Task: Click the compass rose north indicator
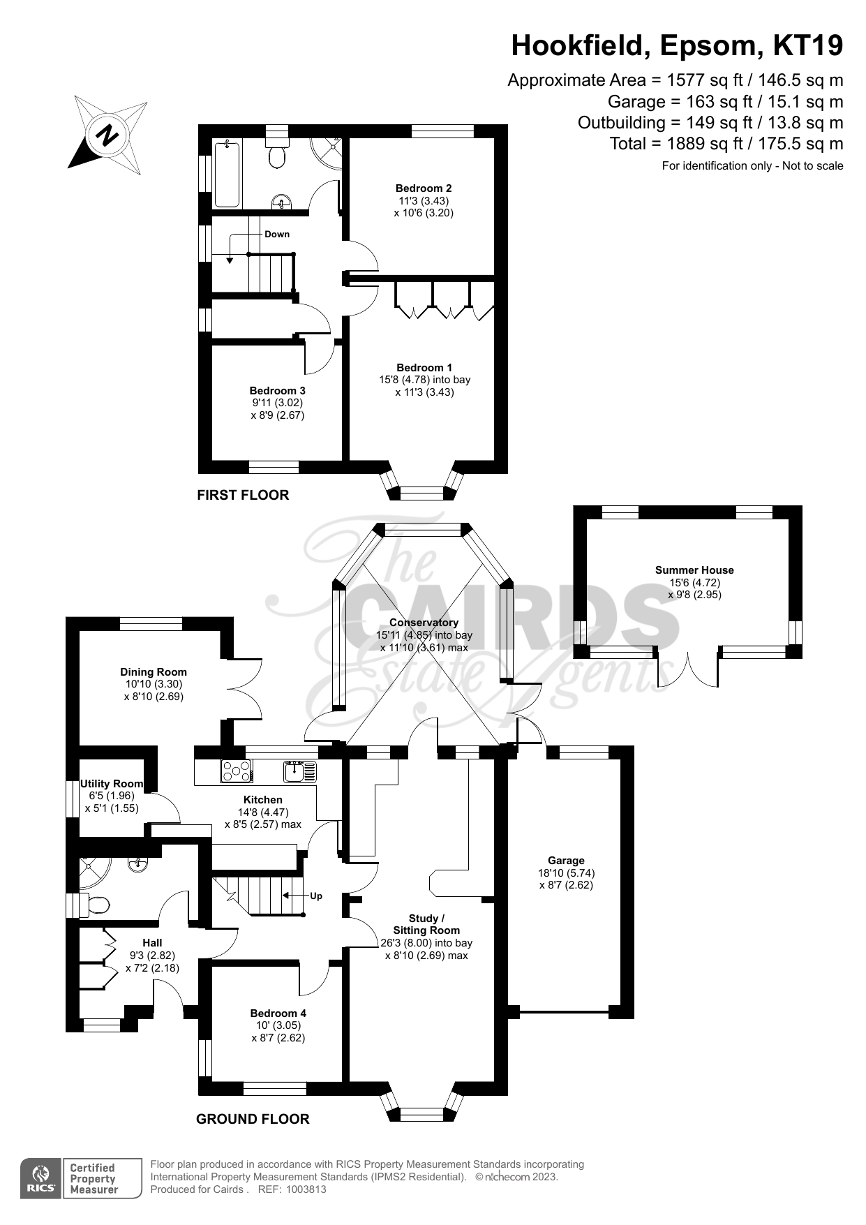pos(107,135)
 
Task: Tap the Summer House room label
pos(694,570)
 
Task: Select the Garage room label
pos(566,861)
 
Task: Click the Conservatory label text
pos(424,623)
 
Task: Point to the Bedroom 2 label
pos(424,188)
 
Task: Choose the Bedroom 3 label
pos(278,391)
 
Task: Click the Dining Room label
pos(154,672)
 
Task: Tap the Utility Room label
pos(112,784)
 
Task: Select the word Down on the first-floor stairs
pos(277,235)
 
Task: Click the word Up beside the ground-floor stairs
pos(316,896)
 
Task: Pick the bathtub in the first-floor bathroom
pos(227,175)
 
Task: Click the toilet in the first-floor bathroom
pos(277,152)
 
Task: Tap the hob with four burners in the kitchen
pos(237,771)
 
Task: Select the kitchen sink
pos(300,771)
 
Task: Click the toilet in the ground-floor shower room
pos(95,905)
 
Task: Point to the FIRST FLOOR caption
pos(243,495)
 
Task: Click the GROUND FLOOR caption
pos(253,1119)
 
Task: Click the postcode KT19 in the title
pos(808,46)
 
